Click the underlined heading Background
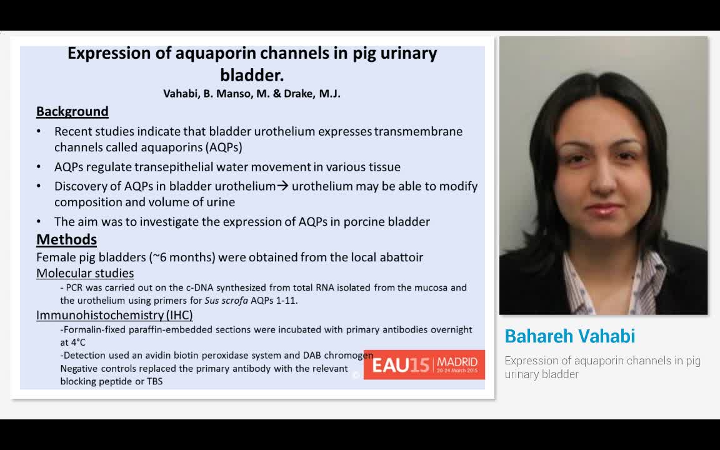(x=72, y=111)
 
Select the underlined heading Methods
(x=66, y=239)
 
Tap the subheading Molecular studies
(x=85, y=273)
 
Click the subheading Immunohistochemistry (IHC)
(x=114, y=315)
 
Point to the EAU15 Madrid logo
(x=424, y=364)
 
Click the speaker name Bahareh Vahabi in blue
(x=569, y=336)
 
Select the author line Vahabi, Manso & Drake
(x=252, y=94)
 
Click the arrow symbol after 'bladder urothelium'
(x=283, y=186)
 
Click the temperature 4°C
(x=73, y=342)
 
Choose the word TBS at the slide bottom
(x=154, y=381)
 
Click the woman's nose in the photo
(x=602, y=187)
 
